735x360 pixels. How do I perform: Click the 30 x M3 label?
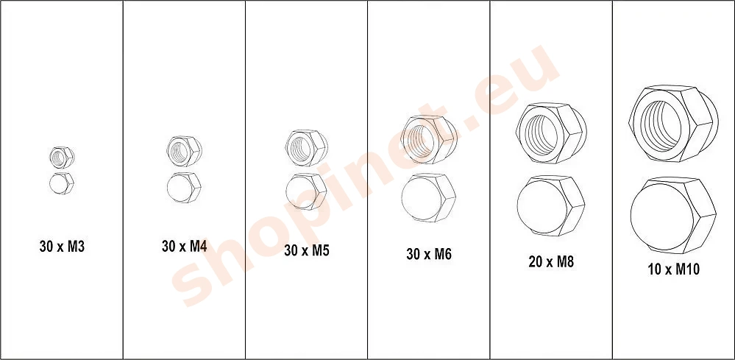tap(62, 247)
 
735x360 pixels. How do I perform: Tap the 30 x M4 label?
tap(184, 246)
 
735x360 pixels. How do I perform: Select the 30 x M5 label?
tap(307, 251)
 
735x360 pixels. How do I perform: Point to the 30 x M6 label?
tap(429, 254)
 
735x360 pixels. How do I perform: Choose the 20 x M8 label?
tap(551, 261)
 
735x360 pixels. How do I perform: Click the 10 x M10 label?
tap(674, 269)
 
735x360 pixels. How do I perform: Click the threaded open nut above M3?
tap(62, 158)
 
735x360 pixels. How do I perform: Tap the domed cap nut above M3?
tap(61, 183)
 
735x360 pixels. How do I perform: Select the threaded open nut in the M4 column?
tap(184, 151)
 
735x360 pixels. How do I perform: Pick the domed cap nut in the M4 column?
tap(184, 188)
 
